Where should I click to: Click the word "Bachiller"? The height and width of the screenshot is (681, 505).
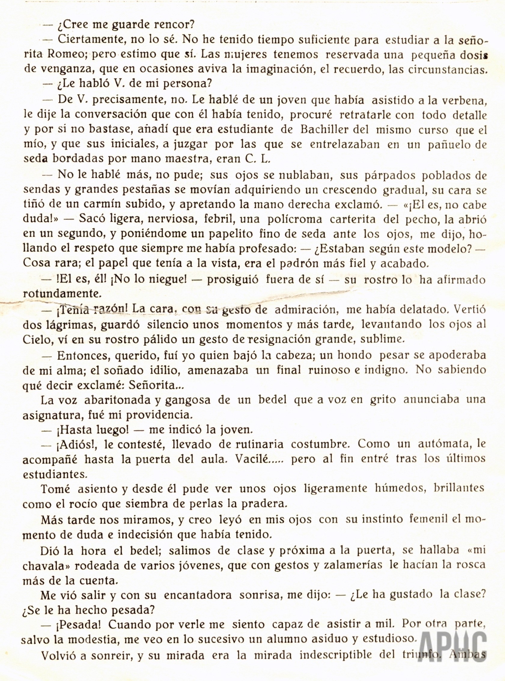tap(327, 130)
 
